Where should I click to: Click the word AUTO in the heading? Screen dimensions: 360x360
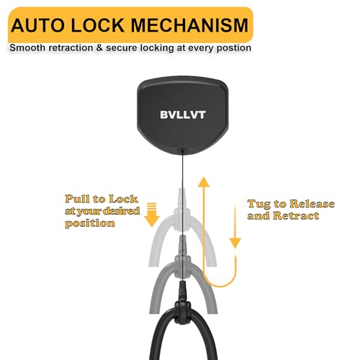click(37, 25)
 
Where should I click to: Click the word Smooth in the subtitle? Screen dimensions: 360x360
click(27, 48)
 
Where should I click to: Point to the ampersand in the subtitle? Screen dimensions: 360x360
click(99, 48)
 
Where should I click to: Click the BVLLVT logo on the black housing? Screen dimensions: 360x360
click(183, 114)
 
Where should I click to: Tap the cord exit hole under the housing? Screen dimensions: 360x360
click(182, 151)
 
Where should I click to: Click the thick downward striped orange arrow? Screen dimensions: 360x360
click(152, 215)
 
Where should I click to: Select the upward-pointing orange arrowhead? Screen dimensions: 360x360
click(204, 181)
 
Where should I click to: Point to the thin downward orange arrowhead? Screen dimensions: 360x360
click(235, 243)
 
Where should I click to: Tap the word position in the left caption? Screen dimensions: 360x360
click(90, 223)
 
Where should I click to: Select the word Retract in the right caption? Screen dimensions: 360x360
click(296, 215)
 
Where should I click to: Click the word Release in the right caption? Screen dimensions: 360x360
click(312, 204)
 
